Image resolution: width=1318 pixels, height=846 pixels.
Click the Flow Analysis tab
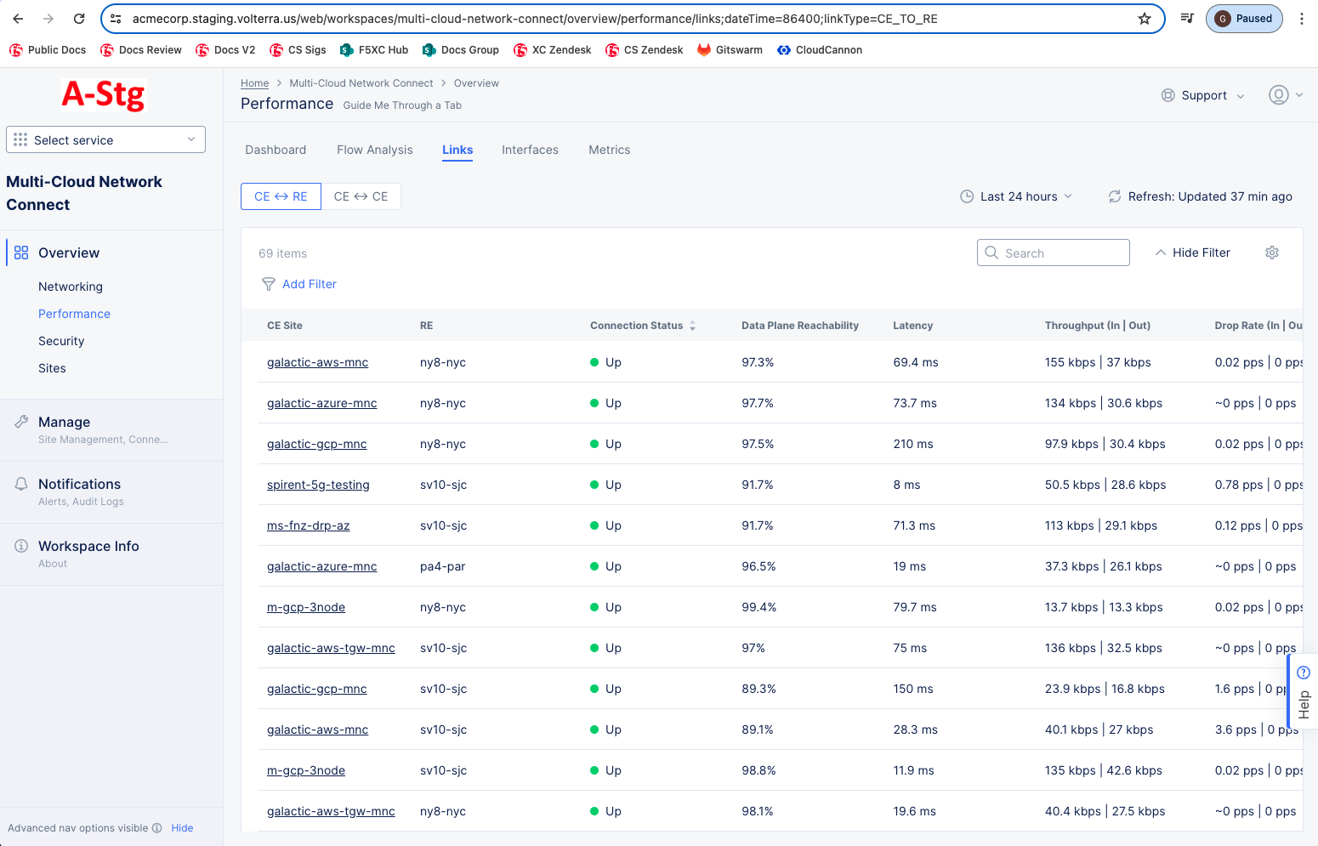[x=374, y=150]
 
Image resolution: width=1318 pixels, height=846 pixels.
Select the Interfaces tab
[x=530, y=150]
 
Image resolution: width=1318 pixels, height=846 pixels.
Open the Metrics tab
[x=609, y=150]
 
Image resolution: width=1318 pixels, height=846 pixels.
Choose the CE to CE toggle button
[x=361, y=196]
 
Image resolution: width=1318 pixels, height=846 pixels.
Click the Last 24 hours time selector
[x=1016, y=196]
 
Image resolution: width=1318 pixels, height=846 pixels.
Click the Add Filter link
[x=309, y=284]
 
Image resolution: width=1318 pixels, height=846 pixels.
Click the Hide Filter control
[x=1192, y=253]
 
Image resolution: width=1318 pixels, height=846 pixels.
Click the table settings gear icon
[x=1271, y=253]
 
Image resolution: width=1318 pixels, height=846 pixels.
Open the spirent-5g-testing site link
[x=318, y=485]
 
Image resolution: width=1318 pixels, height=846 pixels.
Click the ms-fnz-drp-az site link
[x=308, y=525]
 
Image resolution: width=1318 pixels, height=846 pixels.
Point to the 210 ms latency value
[x=912, y=444]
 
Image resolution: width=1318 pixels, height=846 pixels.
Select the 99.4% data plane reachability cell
[x=758, y=607]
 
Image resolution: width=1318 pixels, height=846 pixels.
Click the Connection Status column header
[x=637, y=326]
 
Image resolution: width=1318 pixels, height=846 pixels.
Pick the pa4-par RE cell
[x=442, y=566]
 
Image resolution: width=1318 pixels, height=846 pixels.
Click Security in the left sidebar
[x=61, y=341]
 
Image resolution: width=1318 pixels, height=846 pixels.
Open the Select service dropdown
[x=105, y=139]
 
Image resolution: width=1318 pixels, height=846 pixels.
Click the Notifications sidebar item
[x=79, y=484]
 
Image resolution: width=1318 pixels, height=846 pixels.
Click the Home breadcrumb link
[x=254, y=83]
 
